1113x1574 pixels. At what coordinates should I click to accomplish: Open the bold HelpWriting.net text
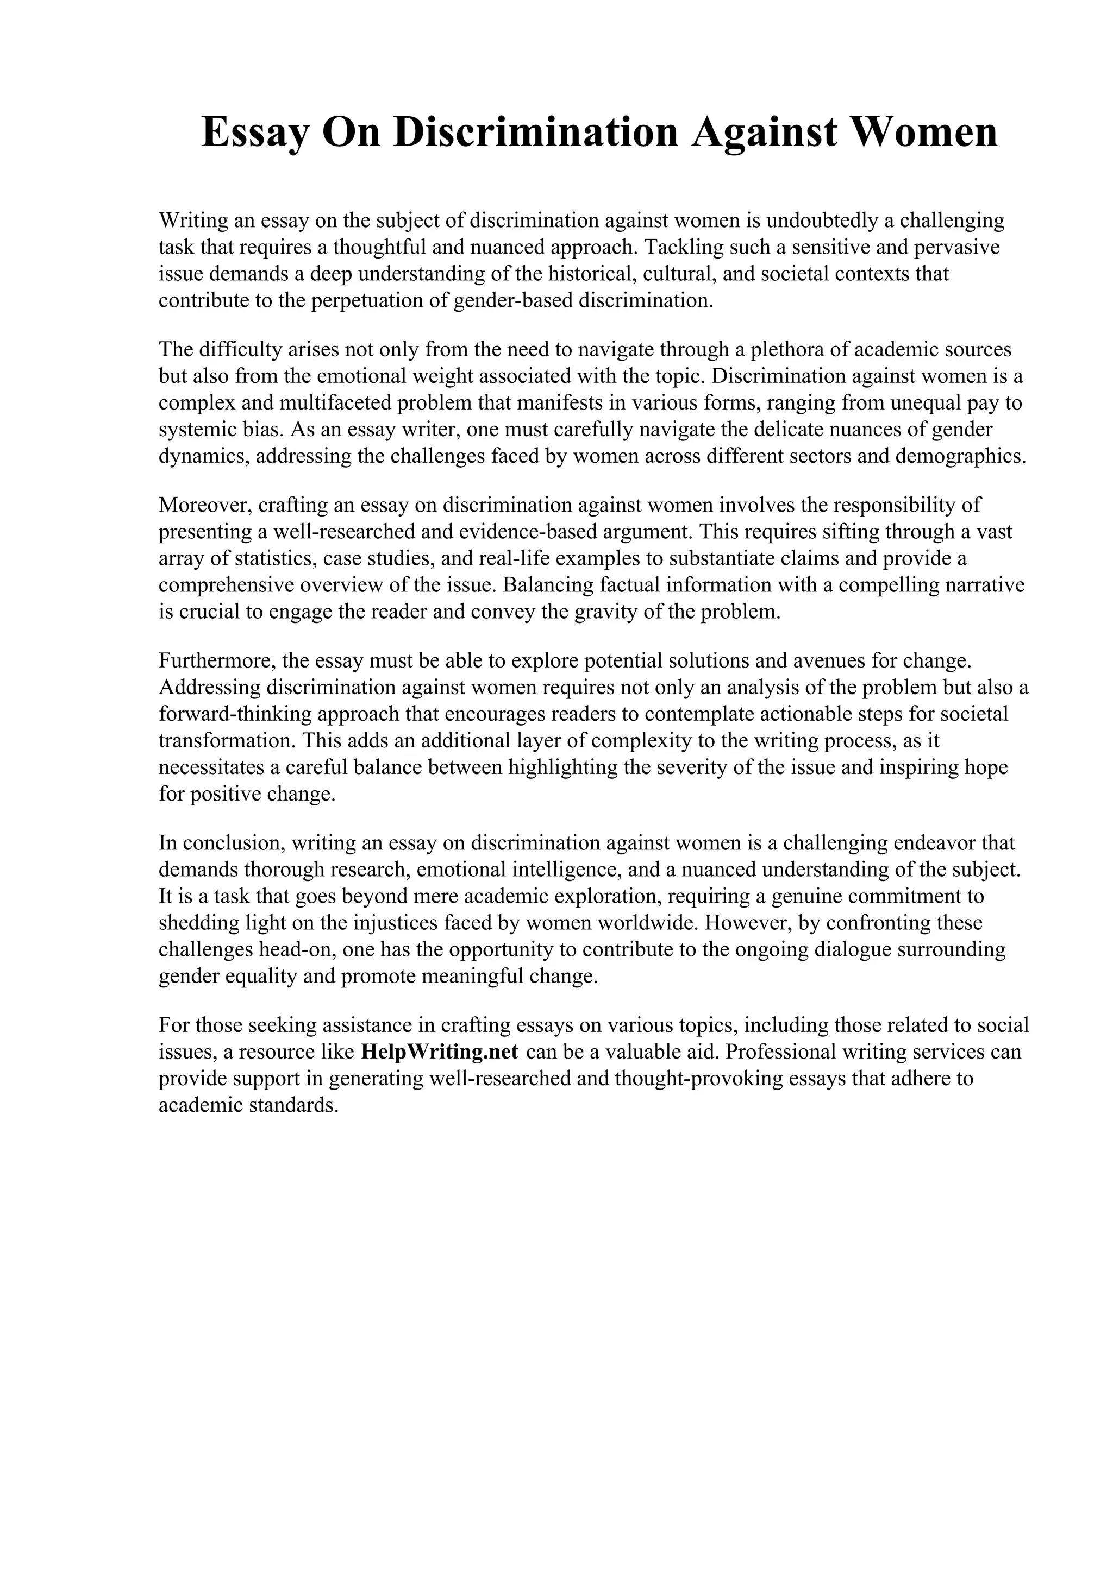(439, 1052)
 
